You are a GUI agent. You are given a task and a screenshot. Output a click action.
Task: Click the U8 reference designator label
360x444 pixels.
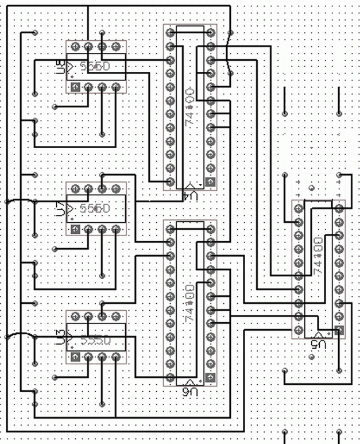coord(61,67)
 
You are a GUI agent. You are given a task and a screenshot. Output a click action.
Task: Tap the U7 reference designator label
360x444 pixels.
coord(61,208)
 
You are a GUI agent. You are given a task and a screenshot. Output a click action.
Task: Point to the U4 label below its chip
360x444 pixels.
coord(190,196)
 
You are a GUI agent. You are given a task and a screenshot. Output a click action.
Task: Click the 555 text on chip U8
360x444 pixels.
coord(95,67)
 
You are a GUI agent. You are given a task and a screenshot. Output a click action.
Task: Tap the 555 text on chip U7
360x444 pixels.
coord(95,208)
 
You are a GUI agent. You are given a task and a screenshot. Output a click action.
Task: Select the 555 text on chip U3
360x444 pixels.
coord(95,340)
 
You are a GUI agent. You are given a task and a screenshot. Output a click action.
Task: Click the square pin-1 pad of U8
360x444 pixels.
coord(75,87)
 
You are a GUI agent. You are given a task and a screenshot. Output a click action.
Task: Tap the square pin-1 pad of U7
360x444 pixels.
coord(75,229)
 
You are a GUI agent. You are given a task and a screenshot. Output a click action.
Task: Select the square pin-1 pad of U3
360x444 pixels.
coord(75,357)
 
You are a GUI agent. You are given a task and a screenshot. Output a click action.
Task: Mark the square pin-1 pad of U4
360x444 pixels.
coord(211,183)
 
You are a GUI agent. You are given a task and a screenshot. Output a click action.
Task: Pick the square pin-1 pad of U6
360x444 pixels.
coord(211,379)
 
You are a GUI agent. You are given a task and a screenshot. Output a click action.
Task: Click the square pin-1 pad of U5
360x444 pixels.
coord(339,330)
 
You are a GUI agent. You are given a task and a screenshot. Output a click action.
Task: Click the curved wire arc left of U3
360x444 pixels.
coord(20,334)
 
